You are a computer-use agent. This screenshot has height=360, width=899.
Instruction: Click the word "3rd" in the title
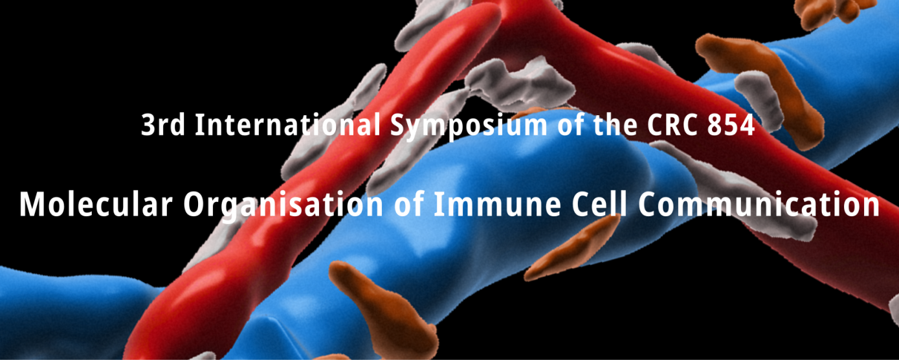163,125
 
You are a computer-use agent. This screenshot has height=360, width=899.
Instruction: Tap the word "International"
288,125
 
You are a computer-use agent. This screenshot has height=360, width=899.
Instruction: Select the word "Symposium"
469,126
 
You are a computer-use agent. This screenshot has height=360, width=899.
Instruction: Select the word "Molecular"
96,204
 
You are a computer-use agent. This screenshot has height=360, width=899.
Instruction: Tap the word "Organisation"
283,206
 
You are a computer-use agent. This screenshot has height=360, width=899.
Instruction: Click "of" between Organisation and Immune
409,203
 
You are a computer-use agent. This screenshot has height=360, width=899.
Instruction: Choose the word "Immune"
498,205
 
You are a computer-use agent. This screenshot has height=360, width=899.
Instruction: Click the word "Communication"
759,204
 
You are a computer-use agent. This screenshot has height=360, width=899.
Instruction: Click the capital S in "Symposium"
399,125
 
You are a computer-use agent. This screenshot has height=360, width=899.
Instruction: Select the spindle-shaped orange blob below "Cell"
572,249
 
